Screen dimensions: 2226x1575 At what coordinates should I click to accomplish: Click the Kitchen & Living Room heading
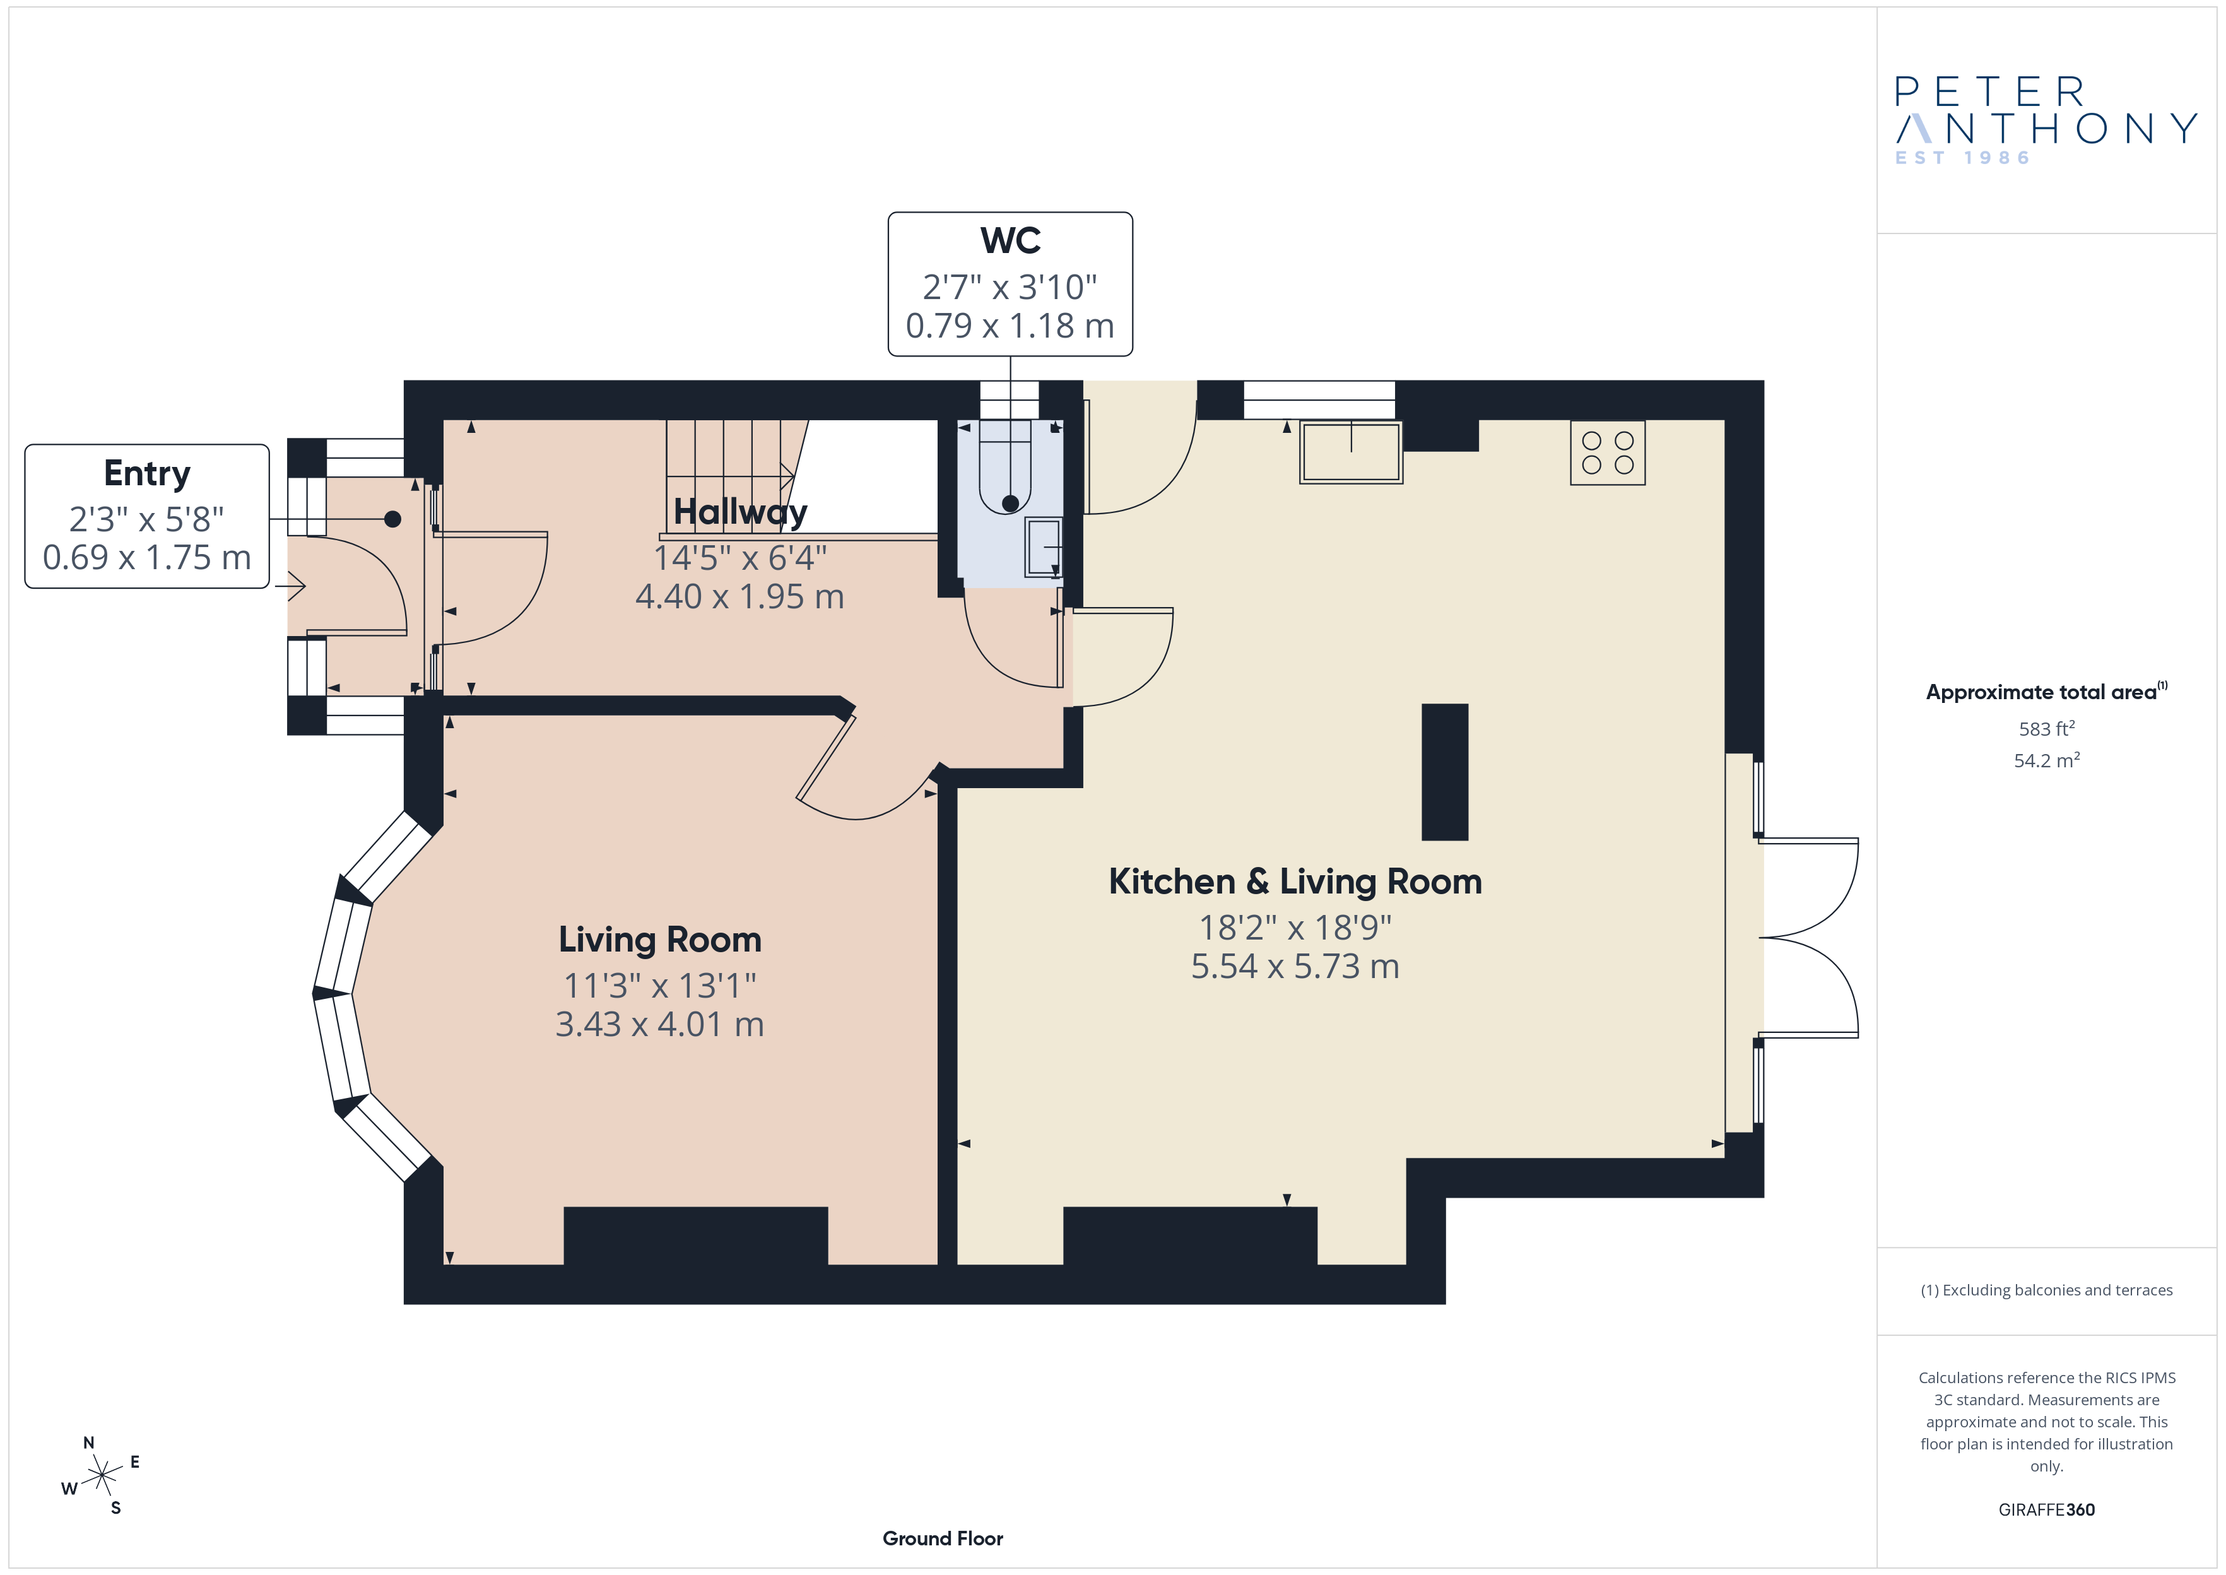click(x=1295, y=882)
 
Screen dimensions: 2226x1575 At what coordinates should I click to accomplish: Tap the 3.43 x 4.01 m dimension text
click(x=659, y=1024)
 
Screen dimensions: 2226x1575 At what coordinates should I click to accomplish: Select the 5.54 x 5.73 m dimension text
click(x=1295, y=966)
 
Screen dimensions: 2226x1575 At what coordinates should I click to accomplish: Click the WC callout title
click(x=1010, y=240)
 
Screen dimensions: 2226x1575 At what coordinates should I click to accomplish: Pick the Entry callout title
click(x=148, y=473)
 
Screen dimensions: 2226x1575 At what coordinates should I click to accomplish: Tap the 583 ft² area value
click(x=2047, y=728)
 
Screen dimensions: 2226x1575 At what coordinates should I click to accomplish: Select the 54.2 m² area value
click(x=2047, y=760)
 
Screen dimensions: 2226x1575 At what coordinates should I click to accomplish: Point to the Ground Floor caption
click(x=943, y=1538)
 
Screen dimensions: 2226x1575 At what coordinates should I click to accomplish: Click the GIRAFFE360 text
click(x=2047, y=1510)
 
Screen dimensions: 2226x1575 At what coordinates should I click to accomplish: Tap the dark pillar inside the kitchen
click(x=1445, y=772)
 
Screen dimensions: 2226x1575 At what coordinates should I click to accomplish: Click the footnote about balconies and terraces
click(x=2047, y=1290)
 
